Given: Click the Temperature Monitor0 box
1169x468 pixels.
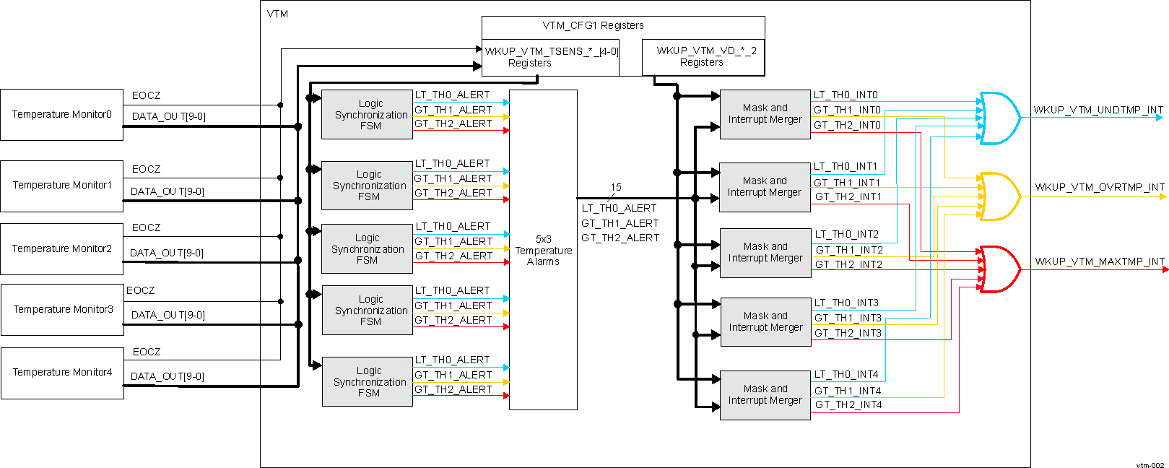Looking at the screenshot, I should pyautogui.click(x=61, y=115).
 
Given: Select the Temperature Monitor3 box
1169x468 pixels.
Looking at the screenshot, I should pyautogui.click(x=62, y=310).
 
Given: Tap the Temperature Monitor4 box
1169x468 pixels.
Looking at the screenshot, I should pyautogui.click(x=62, y=373).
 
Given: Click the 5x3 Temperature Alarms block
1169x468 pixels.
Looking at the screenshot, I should pyautogui.click(x=543, y=250).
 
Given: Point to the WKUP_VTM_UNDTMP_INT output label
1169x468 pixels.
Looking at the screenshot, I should pyautogui.click(x=1098, y=110).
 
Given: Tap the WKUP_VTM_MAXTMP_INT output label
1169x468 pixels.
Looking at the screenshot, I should pyautogui.click(x=1099, y=261).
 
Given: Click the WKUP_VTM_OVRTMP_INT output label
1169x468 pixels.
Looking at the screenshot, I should pyautogui.click(x=1099, y=186).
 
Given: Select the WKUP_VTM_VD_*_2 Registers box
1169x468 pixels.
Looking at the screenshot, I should pyautogui.click(x=703, y=57).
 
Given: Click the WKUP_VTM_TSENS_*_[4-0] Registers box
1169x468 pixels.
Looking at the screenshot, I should pyautogui.click(x=550, y=57).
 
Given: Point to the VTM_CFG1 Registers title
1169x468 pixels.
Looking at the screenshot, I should pyautogui.click(x=593, y=25).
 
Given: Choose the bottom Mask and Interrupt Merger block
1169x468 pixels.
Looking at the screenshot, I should pyautogui.click(x=765, y=394).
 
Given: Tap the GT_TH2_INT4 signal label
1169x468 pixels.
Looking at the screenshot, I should pyautogui.click(x=848, y=405).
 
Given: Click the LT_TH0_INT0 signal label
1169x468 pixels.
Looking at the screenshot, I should pyautogui.click(x=846, y=95).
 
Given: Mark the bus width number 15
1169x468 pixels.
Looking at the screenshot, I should pyautogui.click(x=615, y=187).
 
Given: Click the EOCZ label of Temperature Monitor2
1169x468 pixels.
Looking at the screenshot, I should pyautogui.click(x=146, y=227).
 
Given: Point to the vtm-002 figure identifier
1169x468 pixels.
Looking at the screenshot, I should pyautogui.click(x=1150, y=465).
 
